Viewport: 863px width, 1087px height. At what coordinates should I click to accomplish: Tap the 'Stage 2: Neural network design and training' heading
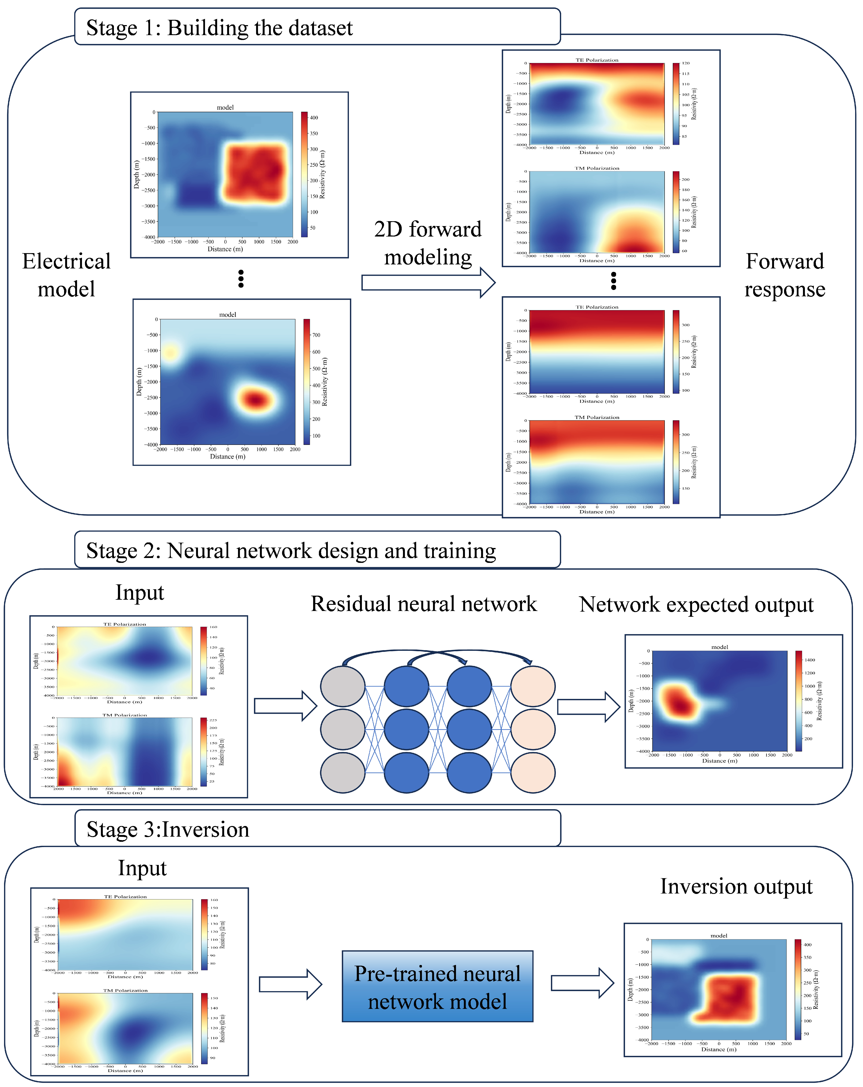291,551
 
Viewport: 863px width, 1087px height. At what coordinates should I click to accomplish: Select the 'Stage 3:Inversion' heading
168,829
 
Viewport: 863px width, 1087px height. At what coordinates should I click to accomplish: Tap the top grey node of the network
343,686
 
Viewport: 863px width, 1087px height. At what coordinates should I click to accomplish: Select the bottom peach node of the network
533,772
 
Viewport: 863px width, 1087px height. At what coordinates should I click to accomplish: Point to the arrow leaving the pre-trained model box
582,983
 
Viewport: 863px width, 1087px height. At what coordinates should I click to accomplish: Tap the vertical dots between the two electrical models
241,278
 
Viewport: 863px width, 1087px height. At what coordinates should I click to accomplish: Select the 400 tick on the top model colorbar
314,118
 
